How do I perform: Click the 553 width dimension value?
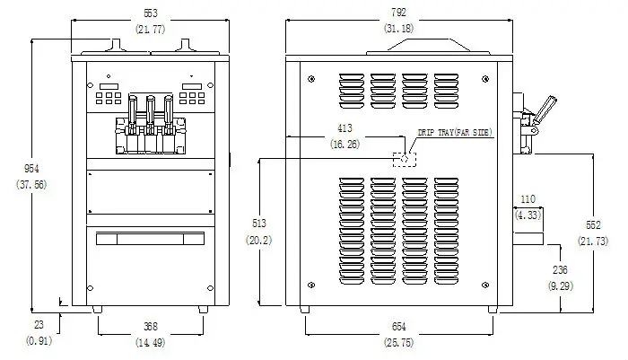[x=151, y=13]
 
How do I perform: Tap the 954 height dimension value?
[x=31, y=169]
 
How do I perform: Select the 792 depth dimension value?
[x=399, y=13]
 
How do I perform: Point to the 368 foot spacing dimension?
[x=151, y=327]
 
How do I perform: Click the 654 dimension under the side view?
[x=399, y=327]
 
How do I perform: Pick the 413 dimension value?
[x=345, y=128]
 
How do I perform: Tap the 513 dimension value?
[x=259, y=224]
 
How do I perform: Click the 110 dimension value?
[x=528, y=199]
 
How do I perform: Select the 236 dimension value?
[x=560, y=270]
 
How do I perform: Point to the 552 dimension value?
[x=593, y=225]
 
